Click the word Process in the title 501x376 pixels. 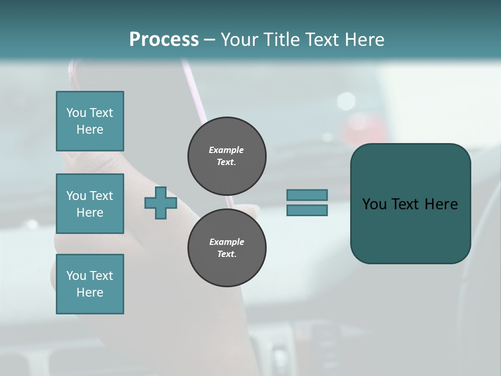[164, 40]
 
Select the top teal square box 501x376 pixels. [90, 121]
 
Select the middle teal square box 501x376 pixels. [90, 204]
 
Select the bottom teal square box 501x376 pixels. [90, 284]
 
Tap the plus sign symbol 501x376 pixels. [161, 203]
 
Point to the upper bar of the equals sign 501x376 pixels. [307, 195]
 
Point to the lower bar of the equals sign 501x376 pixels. [307, 210]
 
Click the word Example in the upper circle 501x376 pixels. [226, 150]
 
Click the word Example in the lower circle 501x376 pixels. [226, 242]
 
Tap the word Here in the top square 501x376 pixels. [90, 130]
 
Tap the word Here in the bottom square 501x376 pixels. [90, 292]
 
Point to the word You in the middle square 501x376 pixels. [76, 196]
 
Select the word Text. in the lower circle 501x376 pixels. [226, 254]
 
